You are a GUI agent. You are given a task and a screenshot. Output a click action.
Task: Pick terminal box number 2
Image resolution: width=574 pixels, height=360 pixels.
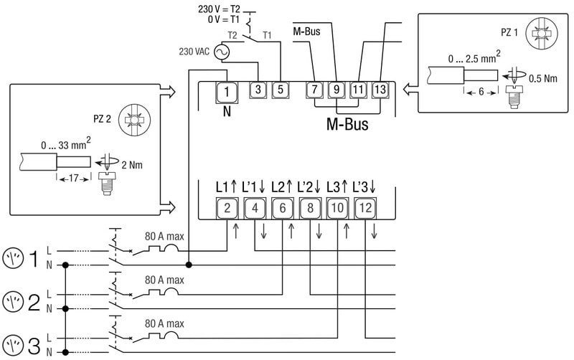click(226, 209)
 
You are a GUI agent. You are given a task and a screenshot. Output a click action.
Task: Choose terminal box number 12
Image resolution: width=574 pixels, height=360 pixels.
click(366, 209)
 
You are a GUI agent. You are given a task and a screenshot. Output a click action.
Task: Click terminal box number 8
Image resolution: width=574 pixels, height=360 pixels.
click(309, 209)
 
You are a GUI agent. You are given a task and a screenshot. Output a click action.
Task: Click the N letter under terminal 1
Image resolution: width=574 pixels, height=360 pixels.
click(226, 111)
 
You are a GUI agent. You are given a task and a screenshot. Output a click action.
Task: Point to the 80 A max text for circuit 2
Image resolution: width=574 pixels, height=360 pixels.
click(164, 279)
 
